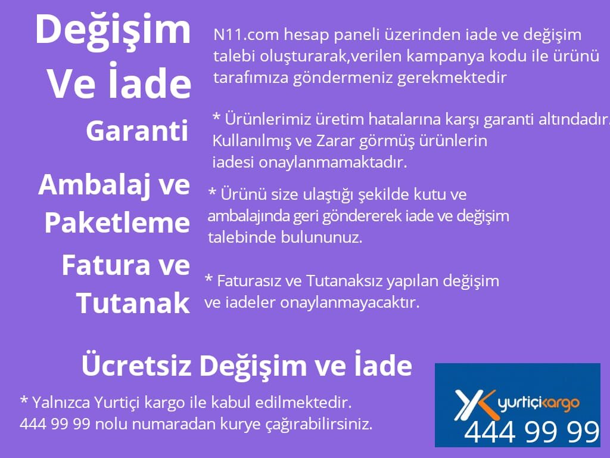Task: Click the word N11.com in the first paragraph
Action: (x=246, y=35)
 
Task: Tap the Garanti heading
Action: (x=138, y=131)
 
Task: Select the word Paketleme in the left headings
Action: (x=117, y=223)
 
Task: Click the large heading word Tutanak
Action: (x=133, y=303)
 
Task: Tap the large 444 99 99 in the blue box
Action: (x=531, y=432)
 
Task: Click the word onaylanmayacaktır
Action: (x=350, y=303)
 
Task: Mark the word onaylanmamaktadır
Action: (x=333, y=162)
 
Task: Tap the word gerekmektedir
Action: (x=452, y=78)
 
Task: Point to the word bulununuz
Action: (x=322, y=237)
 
